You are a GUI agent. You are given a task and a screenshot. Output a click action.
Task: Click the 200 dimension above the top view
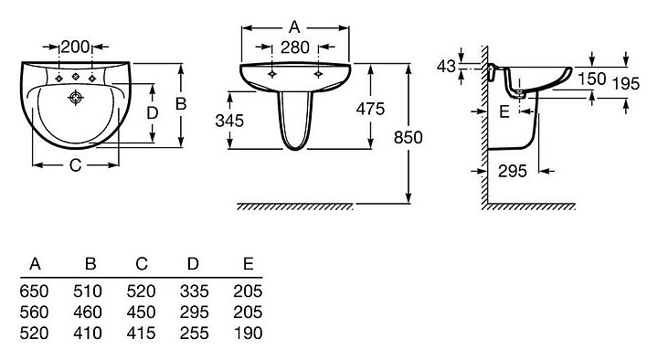pos(75,47)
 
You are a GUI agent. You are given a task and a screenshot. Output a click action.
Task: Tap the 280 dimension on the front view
pos(295,48)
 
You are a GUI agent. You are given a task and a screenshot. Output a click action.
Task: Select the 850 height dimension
pos(408,137)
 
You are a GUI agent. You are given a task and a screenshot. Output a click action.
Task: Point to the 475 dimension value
pos(370,109)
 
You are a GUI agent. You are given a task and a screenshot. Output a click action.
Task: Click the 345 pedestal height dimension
pos(229,121)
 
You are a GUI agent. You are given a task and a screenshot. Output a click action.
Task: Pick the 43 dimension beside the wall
pos(446,67)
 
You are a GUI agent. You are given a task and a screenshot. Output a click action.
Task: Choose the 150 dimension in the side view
pos(591,79)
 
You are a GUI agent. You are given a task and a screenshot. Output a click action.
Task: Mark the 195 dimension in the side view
pos(625,84)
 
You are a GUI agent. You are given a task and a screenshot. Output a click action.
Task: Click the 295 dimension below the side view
pos(513,171)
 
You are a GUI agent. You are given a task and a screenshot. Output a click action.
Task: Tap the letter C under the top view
pos(75,165)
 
